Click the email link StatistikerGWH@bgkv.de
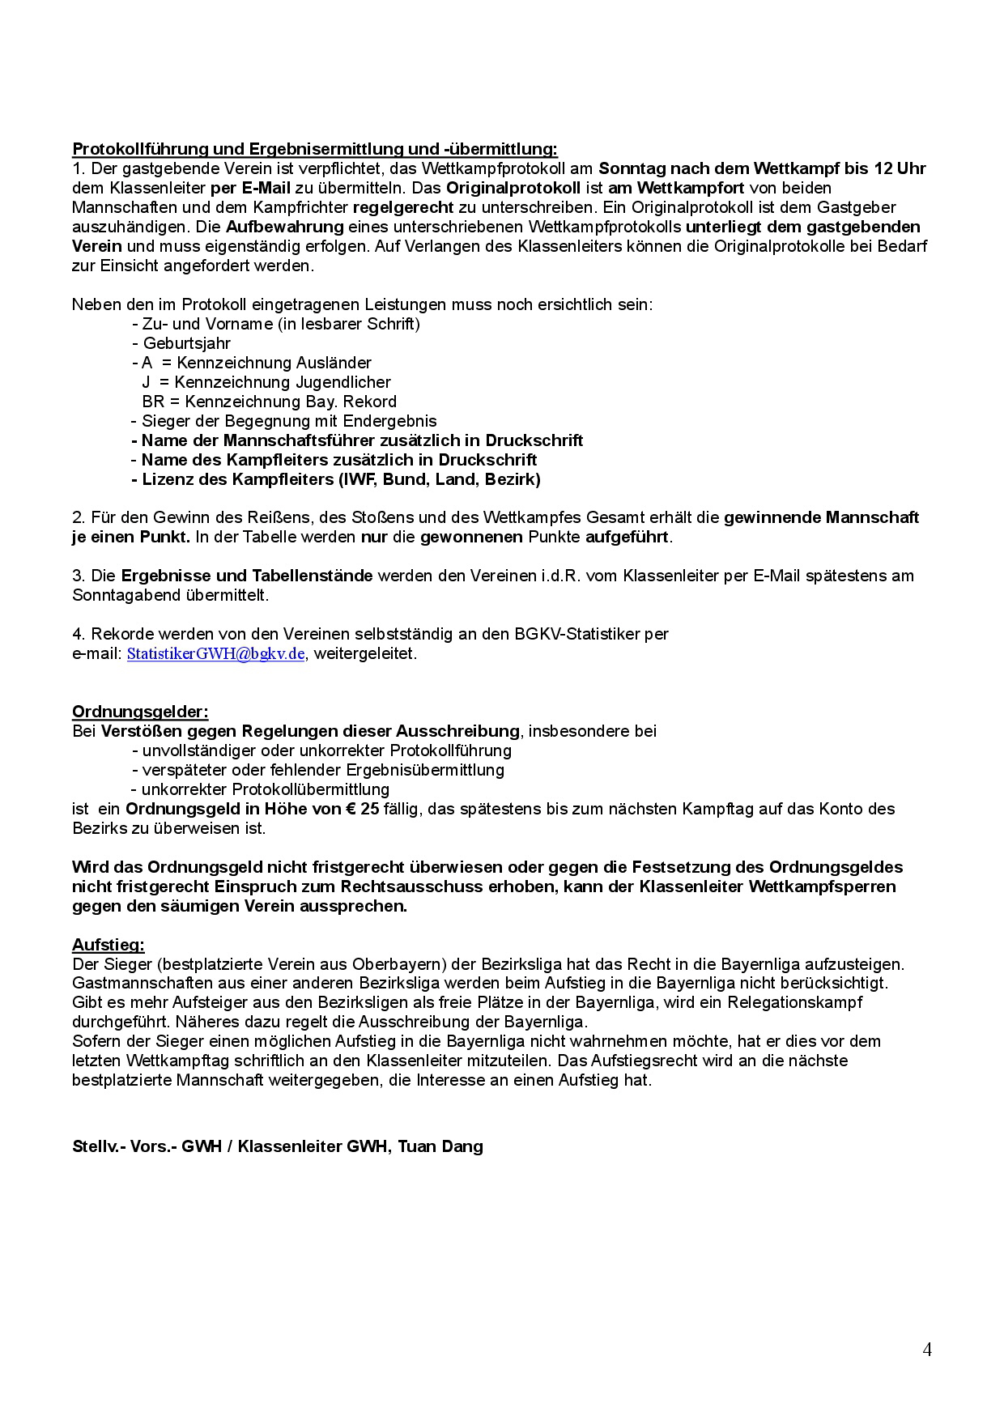click(x=215, y=654)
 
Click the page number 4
click(x=927, y=1350)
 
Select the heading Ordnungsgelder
click(x=140, y=712)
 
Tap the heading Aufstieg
click(x=108, y=945)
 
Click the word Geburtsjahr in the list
click(x=187, y=343)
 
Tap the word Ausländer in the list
click(x=333, y=363)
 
